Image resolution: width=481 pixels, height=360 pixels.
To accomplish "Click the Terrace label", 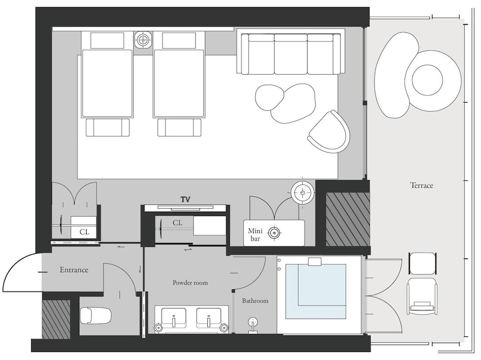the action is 421,185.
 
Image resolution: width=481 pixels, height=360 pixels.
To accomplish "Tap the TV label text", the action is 185,200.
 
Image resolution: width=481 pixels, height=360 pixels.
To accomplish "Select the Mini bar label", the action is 255,234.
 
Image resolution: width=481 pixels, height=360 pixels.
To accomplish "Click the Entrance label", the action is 74,270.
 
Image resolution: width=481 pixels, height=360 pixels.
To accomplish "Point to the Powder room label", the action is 190,283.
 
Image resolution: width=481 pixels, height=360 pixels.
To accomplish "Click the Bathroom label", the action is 255,301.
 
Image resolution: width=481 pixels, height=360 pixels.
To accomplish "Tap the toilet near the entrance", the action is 95,316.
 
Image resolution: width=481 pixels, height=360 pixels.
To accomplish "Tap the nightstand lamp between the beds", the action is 143,39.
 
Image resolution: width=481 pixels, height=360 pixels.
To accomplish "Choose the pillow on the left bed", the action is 107,40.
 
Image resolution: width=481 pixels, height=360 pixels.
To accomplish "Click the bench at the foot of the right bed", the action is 179,128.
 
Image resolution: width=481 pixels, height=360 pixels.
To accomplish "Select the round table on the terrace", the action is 427,80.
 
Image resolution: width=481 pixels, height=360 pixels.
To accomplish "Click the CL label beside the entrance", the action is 84,232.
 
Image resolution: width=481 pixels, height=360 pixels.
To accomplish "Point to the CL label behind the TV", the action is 177,223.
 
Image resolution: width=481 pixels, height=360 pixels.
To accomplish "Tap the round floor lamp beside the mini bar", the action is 303,193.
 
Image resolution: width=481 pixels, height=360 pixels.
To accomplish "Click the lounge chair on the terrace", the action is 421,296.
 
